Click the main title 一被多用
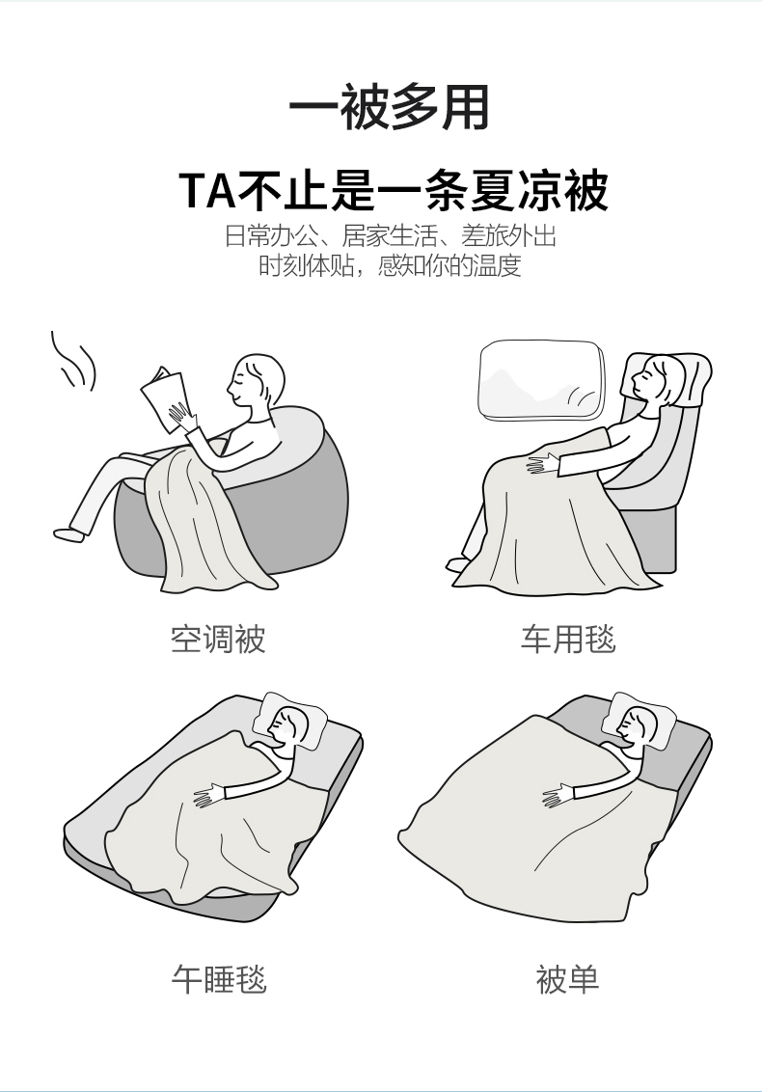pyautogui.click(x=389, y=108)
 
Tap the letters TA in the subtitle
pyautogui.click(x=207, y=190)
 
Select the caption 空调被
pyautogui.click(x=218, y=639)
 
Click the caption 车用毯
pyautogui.click(x=568, y=639)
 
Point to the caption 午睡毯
pyautogui.click(x=219, y=978)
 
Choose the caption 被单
pyautogui.click(x=568, y=978)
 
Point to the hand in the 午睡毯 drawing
pyautogui.click(x=210, y=795)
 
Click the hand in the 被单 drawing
pyautogui.click(x=559, y=795)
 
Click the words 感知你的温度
pyautogui.click(x=449, y=265)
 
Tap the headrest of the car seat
pyautogui.click(x=686, y=379)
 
